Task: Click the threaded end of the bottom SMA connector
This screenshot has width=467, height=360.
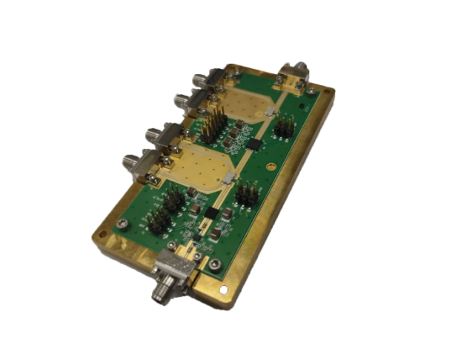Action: click(x=159, y=293)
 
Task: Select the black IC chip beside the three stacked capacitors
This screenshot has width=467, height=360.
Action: click(x=256, y=141)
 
